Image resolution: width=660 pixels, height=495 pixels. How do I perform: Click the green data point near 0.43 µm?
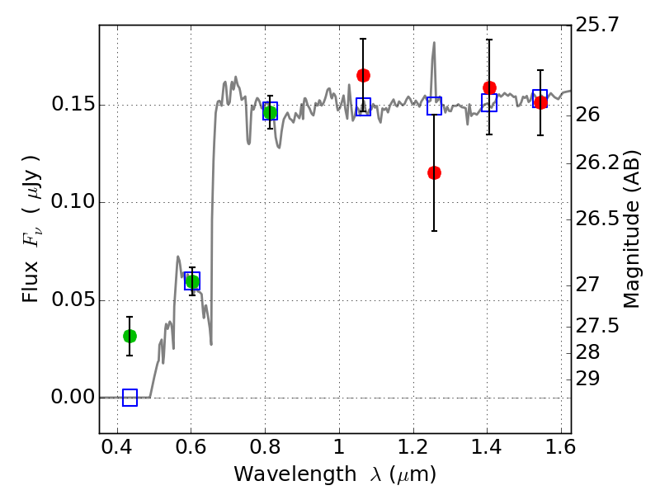point(130,336)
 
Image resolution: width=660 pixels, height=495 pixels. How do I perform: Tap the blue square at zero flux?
point(130,398)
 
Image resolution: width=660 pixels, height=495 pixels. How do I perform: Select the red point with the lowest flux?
point(434,172)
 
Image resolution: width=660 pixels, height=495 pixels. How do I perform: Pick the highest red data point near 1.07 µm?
point(363,75)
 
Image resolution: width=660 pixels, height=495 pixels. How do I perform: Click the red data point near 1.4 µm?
point(489,87)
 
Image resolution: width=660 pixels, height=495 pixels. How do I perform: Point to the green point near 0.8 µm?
point(270,112)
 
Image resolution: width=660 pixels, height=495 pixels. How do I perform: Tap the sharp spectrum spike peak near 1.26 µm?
point(434,44)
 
